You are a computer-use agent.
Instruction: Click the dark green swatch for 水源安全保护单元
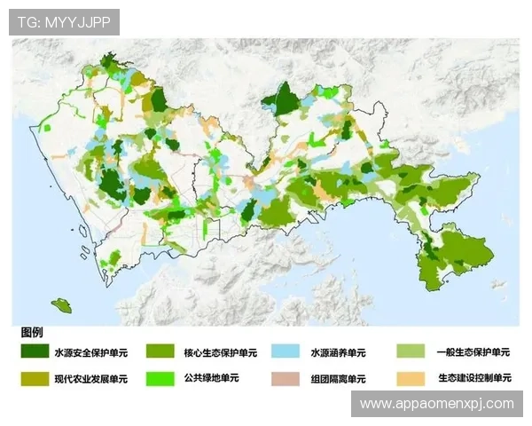(x=35, y=351)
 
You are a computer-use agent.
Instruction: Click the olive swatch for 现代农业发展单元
(x=35, y=378)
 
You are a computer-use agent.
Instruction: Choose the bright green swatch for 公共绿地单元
(x=160, y=378)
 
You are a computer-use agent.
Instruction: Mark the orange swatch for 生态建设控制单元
(x=409, y=378)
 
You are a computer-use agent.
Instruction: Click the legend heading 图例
(x=32, y=332)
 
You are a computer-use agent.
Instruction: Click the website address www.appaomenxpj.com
(x=437, y=404)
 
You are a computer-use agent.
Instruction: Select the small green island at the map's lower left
(x=62, y=306)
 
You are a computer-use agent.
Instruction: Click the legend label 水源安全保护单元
(x=91, y=352)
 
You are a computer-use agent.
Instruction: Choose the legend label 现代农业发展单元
(x=91, y=379)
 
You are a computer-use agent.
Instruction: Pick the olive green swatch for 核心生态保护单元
(x=160, y=351)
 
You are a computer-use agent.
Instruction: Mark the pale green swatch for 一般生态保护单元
(x=409, y=351)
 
